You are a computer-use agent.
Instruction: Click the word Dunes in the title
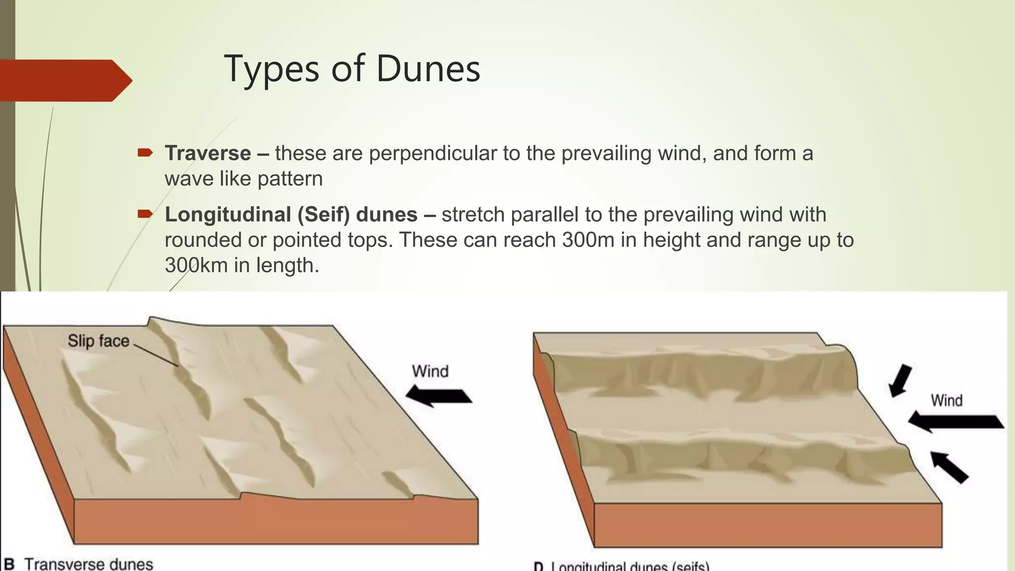click(428, 68)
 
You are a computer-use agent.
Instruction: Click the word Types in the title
click(272, 69)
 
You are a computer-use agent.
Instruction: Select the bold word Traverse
click(208, 153)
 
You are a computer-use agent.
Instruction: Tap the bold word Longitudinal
click(228, 215)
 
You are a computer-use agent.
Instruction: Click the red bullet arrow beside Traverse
click(145, 153)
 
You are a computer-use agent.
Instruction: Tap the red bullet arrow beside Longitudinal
click(145, 214)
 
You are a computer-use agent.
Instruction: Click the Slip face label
click(98, 341)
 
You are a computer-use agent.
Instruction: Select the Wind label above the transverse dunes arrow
click(430, 371)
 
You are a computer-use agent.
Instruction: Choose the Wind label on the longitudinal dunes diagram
click(946, 400)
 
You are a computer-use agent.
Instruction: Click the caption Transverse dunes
click(89, 564)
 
